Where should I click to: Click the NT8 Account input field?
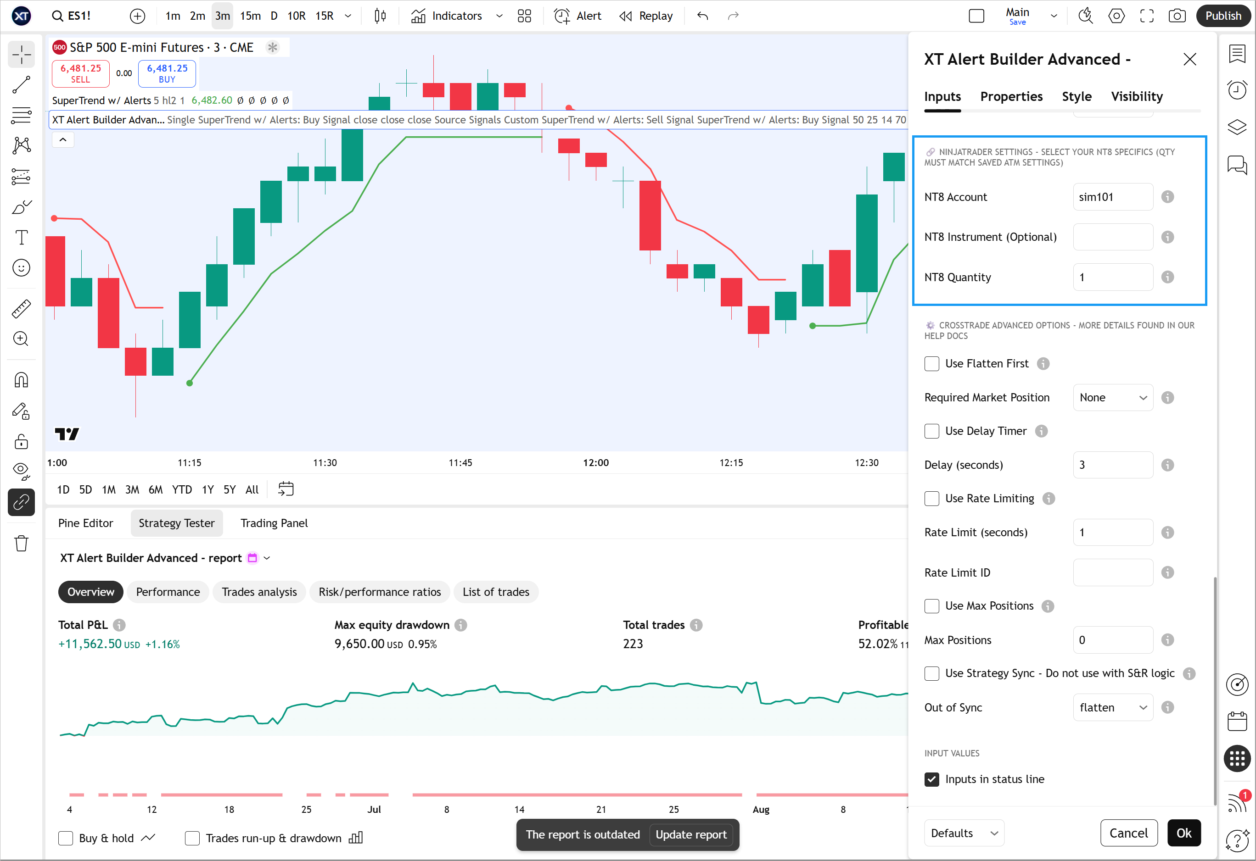(x=1112, y=197)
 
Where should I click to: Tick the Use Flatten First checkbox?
(x=932, y=363)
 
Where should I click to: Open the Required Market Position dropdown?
(x=1112, y=398)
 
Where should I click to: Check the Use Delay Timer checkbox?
(x=932, y=431)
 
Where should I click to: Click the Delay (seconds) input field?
(x=1112, y=465)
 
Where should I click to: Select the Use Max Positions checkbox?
(x=932, y=606)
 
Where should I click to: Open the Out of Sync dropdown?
(x=1112, y=708)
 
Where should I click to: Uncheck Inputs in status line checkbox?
(x=932, y=779)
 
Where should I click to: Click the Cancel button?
(x=1128, y=833)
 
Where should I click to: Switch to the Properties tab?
(x=1011, y=97)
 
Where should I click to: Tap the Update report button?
(x=691, y=834)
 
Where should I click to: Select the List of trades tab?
(x=496, y=592)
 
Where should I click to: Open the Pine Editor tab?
(x=85, y=523)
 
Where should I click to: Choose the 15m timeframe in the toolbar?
(x=250, y=16)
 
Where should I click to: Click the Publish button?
(x=1223, y=16)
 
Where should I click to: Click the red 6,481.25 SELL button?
(x=80, y=73)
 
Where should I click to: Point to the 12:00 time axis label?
(x=595, y=463)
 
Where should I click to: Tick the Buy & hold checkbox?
(x=65, y=839)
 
